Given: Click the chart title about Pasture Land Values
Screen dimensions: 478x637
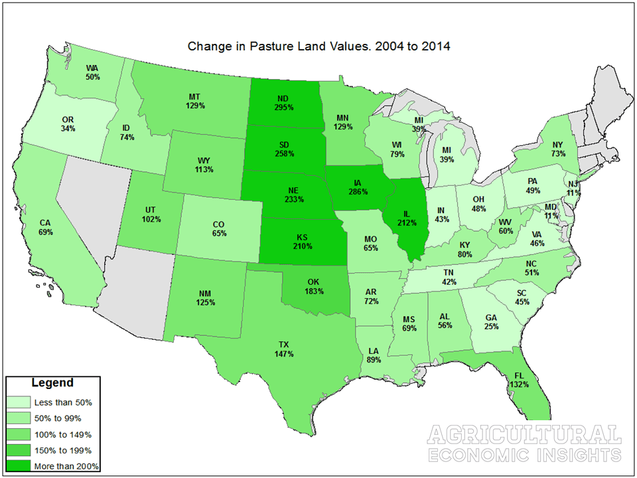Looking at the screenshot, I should point(320,46).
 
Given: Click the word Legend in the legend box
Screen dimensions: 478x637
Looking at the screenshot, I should point(52,383).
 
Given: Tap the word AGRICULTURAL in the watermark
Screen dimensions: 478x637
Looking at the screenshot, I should point(524,436).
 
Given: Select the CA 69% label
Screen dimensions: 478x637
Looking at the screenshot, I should point(46,228).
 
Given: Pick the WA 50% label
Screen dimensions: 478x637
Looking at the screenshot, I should point(93,72).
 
